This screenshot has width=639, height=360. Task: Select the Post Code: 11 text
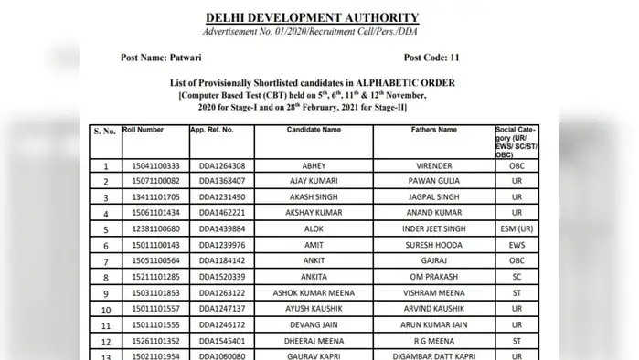[x=431, y=58]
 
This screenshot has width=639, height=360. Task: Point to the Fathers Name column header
[x=434, y=131]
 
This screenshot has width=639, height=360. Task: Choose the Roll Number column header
[x=143, y=131]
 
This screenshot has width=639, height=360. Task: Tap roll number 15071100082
[x=151, y=182]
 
